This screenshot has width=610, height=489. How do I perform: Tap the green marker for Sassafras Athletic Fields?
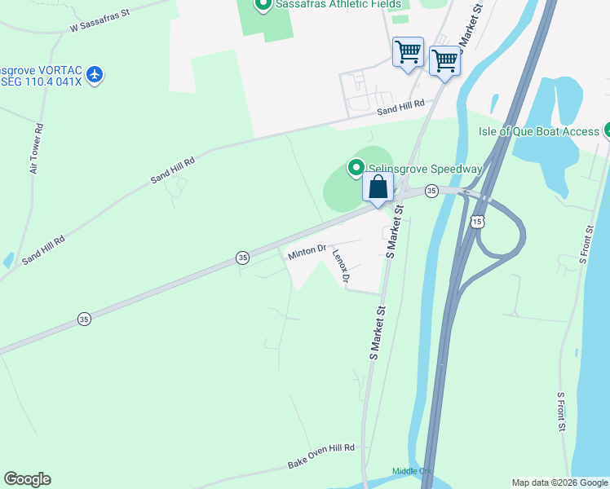(263, 5)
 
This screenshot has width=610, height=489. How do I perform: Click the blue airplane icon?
(95, 75)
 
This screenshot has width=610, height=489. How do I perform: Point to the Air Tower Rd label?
(37, 149)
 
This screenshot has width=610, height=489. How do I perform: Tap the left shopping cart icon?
(408, 53)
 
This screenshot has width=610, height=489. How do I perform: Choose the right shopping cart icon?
(444, 59)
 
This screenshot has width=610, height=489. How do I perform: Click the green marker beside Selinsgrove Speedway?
(356, 168)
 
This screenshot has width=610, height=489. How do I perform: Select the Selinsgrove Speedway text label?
(425, 169)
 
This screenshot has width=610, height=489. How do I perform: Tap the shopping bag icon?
(378, 187)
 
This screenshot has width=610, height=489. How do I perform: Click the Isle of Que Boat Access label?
(538, 131)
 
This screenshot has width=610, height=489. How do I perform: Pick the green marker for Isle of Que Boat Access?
(607, 130)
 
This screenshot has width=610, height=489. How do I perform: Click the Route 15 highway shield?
(477, 221)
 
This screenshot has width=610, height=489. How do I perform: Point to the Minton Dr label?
(307, 253)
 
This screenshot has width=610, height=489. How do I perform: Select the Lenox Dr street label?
(341, 267)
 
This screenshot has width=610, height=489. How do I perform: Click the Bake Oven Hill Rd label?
(321, 456)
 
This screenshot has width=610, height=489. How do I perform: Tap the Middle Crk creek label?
(411, 471)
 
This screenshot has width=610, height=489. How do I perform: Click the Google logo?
(27, 479)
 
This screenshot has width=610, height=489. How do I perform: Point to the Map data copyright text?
(559, 482)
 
